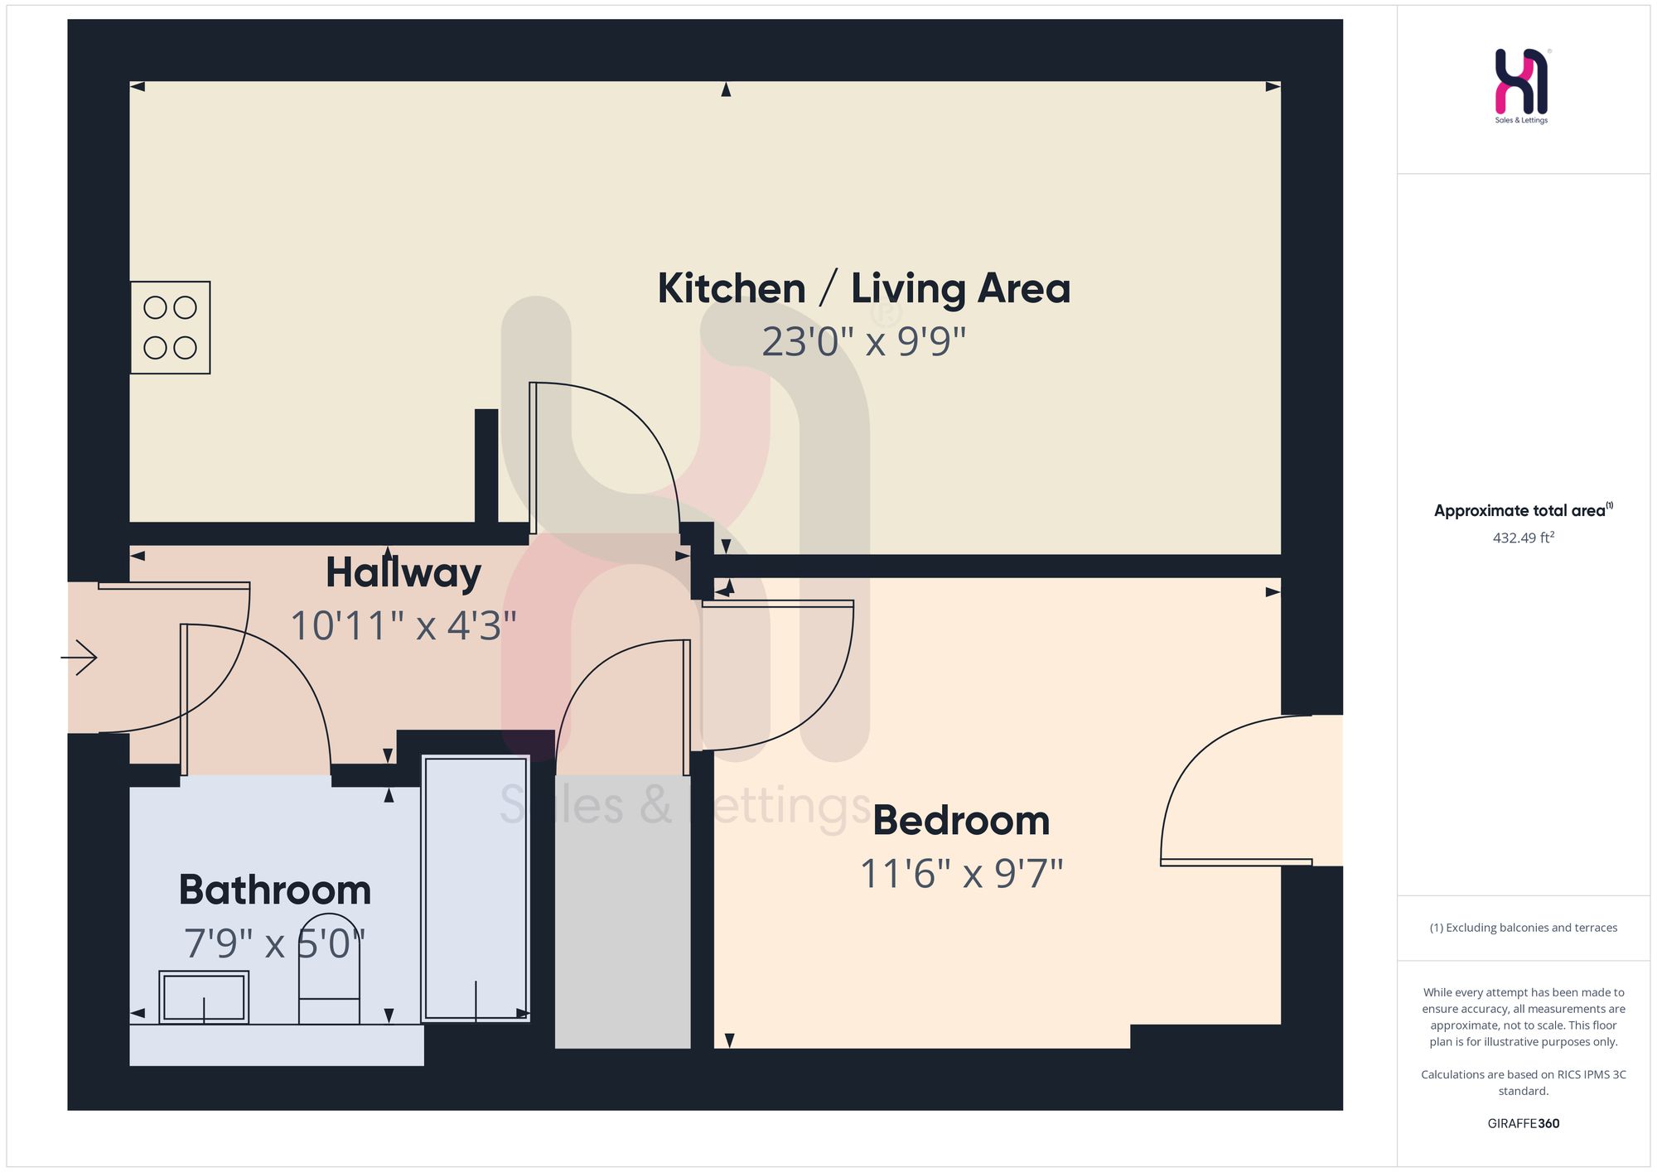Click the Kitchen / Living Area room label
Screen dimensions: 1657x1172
pos(864,289)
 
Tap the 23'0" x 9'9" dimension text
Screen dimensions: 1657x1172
pos(864,341)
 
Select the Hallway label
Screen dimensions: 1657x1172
pos(403,573)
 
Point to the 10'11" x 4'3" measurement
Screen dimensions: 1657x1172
pos(403,625)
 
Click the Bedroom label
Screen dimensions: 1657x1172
pos(961,821)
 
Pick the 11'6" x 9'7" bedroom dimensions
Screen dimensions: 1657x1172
pos(961,874)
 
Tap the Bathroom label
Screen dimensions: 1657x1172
pos(275,890)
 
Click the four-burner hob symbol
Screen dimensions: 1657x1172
pos(170,327)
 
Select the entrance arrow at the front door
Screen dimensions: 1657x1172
pos(80,658)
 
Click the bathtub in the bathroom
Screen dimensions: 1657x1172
pos(476,888)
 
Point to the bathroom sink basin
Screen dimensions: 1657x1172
pos(204,997)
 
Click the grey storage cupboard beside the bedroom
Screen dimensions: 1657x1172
pos(622,911)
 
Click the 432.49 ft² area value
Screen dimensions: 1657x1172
pos(1524,538)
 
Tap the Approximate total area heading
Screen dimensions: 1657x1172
pos(1524,510)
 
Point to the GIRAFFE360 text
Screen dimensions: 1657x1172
pos(1524,1124)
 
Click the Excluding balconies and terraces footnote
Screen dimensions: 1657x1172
pos(1524,928)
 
